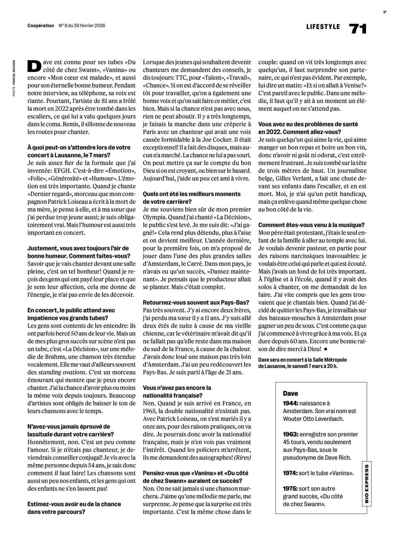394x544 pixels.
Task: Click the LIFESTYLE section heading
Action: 323,27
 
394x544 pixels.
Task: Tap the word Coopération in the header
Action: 41,26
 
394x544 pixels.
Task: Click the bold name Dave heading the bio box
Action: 290,393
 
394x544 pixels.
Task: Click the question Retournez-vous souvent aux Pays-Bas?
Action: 196,303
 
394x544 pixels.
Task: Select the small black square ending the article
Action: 326,349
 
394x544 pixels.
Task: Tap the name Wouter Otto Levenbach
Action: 312,419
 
